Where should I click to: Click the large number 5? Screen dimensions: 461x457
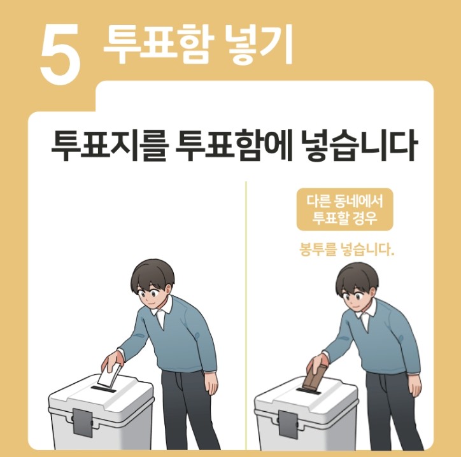coord(60,55)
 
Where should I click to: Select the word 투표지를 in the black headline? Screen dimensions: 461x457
coord(110,146)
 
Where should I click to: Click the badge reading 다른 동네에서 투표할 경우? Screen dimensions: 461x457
coord(344,209)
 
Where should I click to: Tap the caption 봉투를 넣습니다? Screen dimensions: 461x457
coord(346,250)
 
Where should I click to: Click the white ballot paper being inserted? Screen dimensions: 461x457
coord(108,374)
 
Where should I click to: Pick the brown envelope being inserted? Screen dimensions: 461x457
coord(315,377)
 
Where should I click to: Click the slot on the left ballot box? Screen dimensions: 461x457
coord(103,390)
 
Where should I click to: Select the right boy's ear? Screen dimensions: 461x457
coord(372,294)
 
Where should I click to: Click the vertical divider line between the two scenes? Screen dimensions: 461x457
coord(246,315)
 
